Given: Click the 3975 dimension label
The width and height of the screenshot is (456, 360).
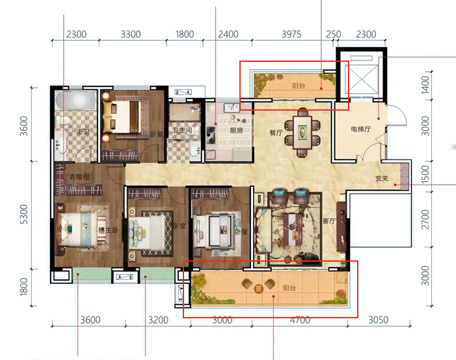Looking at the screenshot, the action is click(291, 35).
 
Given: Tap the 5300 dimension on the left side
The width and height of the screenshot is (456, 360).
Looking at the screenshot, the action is click(25, 214).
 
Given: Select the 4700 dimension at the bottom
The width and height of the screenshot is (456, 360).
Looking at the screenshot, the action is click(300, 320).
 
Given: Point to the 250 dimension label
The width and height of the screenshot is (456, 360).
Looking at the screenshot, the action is click(333, 35).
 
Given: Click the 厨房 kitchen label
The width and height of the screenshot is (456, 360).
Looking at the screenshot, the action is click(236, 130).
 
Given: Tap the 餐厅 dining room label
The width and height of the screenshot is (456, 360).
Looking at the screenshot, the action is click(276, 133).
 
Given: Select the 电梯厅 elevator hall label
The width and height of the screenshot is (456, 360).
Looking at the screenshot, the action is click(360, 129).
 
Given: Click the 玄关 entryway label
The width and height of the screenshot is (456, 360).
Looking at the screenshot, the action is click(382, 178).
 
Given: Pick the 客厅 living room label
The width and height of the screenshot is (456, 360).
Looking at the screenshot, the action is click(329, 221).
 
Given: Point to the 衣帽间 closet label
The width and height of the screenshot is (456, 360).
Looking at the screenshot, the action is click(79, 176).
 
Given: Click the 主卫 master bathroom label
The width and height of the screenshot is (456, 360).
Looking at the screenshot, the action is click(83, 132).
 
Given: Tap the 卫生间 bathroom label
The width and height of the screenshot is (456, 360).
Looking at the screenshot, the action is click(182, 130).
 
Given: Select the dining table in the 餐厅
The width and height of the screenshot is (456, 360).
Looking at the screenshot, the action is click(302, 132).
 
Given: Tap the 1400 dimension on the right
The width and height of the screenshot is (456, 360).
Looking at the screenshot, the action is click(425, 85).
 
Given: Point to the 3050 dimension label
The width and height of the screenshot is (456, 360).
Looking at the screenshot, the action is click(378, 320).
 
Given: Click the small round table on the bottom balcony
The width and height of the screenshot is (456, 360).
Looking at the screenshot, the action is click(258, 288).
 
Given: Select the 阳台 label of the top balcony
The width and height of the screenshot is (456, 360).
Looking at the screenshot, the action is click(299, 86).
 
